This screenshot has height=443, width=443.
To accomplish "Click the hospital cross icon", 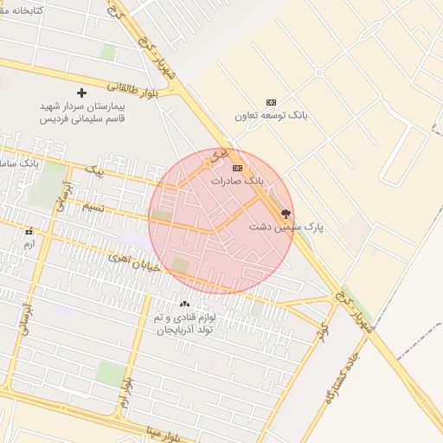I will (x=82, y=92).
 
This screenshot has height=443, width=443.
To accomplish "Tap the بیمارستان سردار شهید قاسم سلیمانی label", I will (x=82, y=112).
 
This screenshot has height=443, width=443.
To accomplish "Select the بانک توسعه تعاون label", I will (x=271, y=114).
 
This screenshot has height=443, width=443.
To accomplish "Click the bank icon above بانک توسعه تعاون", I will (x=271, y=101).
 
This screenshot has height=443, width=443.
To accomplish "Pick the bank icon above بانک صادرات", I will (x=237, y=168).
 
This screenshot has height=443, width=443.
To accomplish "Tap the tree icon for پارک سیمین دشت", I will (x=286, y=212).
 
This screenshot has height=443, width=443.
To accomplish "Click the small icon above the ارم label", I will (x=29, y=232).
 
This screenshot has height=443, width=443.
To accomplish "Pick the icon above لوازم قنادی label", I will (x=183, y=304).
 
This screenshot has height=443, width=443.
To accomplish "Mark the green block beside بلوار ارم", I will (x=111, y=374).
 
